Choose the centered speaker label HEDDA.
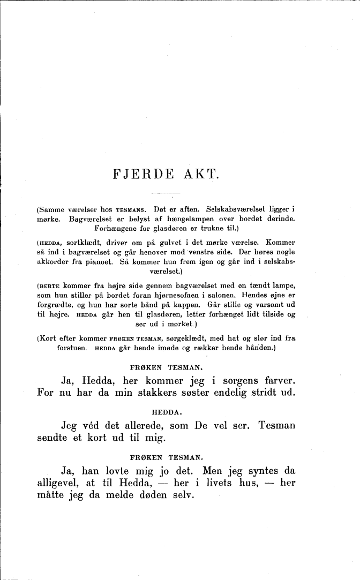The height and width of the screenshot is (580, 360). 167,411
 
